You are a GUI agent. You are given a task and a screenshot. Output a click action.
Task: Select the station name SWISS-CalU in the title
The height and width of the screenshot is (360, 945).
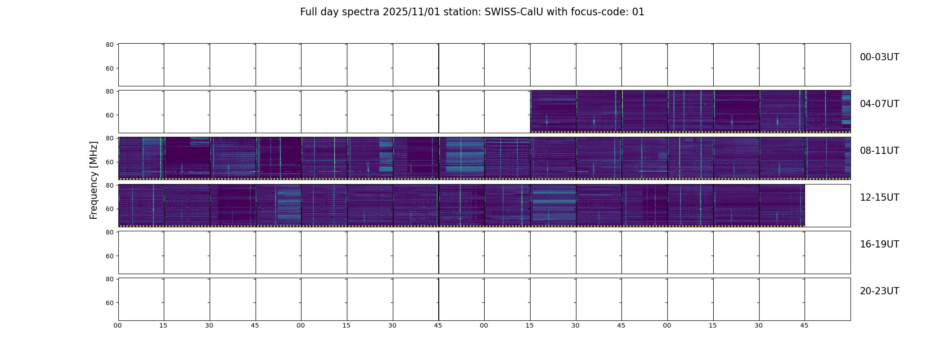[x=513, y=12]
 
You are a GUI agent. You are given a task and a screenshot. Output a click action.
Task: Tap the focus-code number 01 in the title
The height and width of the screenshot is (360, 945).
[x=638, y=12]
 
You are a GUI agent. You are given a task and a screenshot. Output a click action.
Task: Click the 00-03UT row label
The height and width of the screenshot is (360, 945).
[x=879, y=57]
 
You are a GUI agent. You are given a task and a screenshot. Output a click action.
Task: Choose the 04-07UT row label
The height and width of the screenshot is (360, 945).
[x=879, y=104]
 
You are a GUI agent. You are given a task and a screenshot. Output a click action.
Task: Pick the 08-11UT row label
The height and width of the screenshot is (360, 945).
[x=879, y=151]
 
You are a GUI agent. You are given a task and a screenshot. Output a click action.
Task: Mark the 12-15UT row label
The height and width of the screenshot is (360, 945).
[x=879, y=198]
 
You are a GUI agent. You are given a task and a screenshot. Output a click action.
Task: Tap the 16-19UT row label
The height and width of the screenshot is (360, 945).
[x=879, y=244]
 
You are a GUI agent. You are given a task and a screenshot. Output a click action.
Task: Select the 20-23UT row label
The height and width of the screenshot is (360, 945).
[x=879, y=291]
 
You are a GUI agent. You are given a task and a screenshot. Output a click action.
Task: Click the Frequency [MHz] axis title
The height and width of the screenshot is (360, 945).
[x=94, y=180]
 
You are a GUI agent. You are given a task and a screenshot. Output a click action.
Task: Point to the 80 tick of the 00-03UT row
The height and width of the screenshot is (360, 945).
[x=109, y=45]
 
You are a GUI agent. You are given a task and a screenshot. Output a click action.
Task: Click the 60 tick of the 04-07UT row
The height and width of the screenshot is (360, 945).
[x=109, y=115]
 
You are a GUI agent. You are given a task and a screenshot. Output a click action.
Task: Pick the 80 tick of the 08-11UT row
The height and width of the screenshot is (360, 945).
[x=109, y=138]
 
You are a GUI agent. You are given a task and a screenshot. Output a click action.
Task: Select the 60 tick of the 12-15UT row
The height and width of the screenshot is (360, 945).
[x=109, y=209]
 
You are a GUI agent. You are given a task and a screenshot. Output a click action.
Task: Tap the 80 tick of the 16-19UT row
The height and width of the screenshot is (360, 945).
[x=109, y=232]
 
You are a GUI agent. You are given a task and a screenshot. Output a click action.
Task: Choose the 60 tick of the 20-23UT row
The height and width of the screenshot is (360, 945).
[x=109, y=303]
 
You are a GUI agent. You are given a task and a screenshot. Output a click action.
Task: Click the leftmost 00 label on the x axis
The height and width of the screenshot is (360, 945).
[x=118, y=325]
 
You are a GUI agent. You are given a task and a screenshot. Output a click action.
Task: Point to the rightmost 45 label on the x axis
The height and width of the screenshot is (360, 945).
[x=805, y=325]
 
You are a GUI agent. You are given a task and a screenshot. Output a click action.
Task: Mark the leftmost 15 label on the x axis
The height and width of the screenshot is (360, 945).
[x=164, y=325]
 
